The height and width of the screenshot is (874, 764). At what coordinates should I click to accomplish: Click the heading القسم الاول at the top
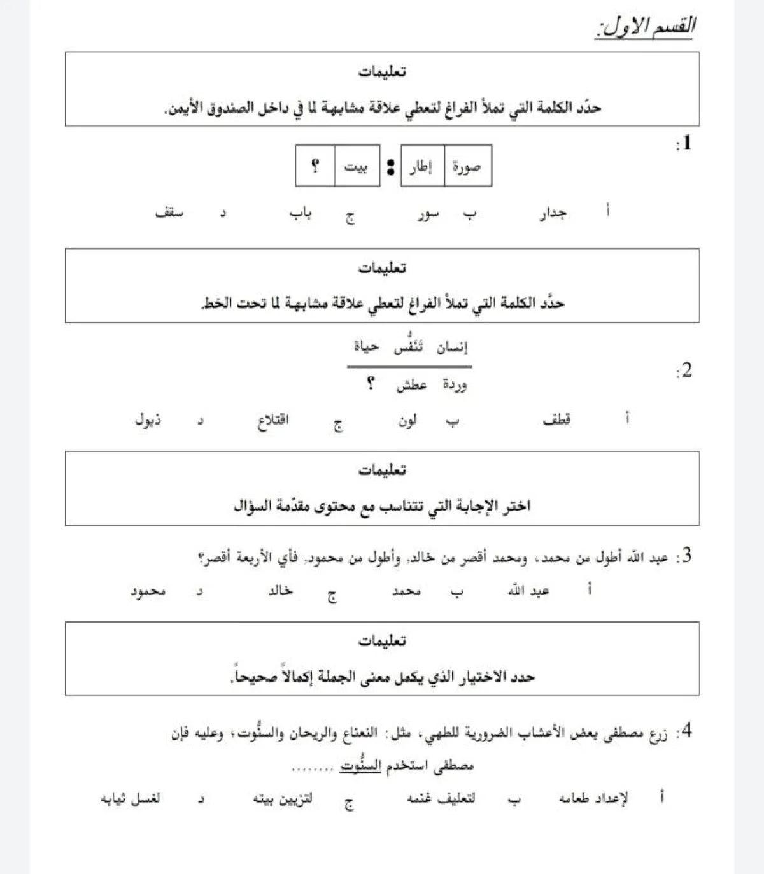click(644, 27)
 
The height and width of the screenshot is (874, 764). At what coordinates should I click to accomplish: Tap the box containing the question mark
click(315, 167)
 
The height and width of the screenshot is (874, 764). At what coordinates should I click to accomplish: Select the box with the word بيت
click(357, 167)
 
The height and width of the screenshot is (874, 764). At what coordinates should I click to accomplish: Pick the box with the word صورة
click(467, 167)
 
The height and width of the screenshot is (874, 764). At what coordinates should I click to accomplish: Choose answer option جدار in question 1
click(553, 213)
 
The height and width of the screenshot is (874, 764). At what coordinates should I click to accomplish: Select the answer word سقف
click(169, 213)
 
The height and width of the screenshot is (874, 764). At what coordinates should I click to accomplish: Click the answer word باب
click(301, 213)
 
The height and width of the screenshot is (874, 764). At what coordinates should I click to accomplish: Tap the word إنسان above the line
click(452, 347)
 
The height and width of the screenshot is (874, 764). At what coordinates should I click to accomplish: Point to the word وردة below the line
click(455, 385)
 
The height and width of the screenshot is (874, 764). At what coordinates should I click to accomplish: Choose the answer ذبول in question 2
click(148, 419)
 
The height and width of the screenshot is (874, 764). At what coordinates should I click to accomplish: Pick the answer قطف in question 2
click(557, 419)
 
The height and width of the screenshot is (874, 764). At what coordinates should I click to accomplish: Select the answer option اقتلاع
click(273, 421)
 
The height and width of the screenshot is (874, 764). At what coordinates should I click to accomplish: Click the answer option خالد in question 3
click(280, 591)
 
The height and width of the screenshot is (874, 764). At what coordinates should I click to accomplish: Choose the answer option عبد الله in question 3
click(529, 591)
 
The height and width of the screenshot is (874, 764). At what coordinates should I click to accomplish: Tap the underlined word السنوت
click(360, 765)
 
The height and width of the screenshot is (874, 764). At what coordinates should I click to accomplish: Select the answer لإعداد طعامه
click(594, 798)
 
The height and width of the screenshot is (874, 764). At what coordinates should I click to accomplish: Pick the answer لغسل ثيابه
click(131, 798)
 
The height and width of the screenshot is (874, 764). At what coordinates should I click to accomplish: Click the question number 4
click(685, 730)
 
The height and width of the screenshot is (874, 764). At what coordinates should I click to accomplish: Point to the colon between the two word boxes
click(390, 167)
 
